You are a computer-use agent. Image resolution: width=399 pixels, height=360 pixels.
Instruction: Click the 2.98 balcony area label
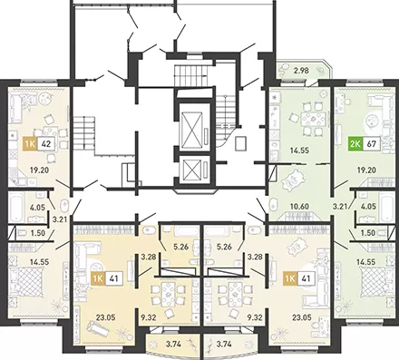(x=302, y=72)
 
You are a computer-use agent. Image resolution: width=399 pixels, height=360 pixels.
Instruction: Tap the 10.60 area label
(x=299, y=207)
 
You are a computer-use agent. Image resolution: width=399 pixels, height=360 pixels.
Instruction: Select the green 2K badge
(x=355, y=143)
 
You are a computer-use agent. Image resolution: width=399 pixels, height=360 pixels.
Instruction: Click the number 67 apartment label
(x=371, y=143)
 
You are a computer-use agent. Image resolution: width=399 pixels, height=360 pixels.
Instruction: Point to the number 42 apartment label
(x=47, y=143)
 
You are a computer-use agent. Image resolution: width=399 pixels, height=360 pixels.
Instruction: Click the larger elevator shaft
(x=194, y=128)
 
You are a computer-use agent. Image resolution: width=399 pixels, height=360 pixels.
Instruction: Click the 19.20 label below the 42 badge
(x=39, y=170)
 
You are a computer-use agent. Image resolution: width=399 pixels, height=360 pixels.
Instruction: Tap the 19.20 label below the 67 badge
(x=366, y=170)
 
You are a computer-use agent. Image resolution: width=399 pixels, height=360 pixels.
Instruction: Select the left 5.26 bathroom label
(x=180, y=247)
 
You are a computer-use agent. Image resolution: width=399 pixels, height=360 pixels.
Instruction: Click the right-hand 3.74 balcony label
(x=223, y=344)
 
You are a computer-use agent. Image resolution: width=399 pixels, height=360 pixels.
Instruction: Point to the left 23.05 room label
(x=106, y=317)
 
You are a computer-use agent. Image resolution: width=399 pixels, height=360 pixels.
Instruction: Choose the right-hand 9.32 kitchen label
(x=254, y=317)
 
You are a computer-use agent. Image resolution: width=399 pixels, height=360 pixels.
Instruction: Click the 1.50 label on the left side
(x=38, y=233)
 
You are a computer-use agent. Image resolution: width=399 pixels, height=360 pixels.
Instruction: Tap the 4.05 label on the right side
(x=368, y=207)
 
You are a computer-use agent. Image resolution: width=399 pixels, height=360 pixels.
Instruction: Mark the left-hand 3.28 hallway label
(x=148, y=258)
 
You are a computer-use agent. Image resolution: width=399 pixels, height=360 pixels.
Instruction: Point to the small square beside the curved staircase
(x=241, y=143)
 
